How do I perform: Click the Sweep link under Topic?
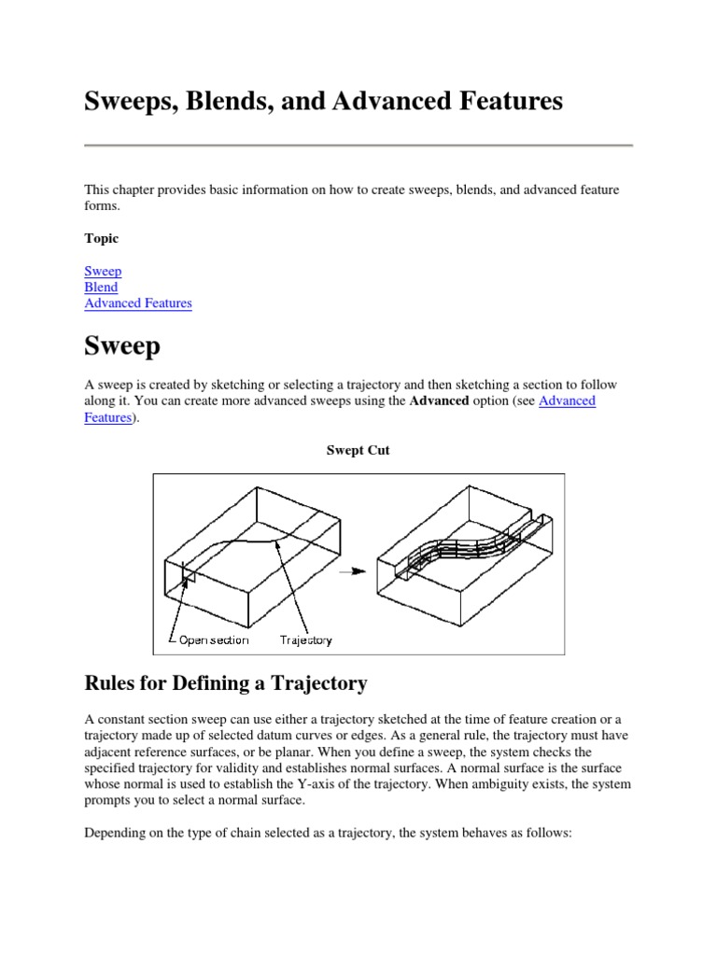pos(103,272)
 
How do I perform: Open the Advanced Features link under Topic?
pos(138,303)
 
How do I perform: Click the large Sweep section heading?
pos(122,346)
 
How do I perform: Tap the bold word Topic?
pos(101,239)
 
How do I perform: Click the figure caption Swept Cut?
pos(358,450)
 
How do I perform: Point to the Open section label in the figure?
pos(214,640)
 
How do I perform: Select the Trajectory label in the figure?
pos(306,640)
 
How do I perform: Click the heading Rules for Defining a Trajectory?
pos(226,683)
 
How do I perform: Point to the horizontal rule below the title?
pos(358,146)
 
